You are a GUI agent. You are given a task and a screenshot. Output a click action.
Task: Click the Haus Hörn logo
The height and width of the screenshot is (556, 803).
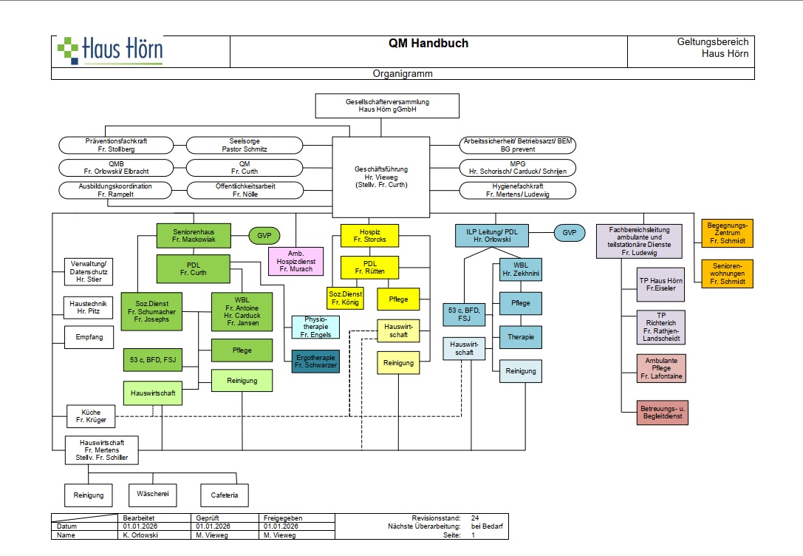click(110, 50)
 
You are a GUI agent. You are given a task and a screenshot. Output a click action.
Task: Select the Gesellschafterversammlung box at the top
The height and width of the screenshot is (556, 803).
click(387, 106)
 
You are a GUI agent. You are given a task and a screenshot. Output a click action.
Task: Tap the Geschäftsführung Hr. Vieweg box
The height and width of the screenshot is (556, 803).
click(381, 177)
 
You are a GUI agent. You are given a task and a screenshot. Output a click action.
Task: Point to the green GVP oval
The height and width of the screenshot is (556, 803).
click(264, 235)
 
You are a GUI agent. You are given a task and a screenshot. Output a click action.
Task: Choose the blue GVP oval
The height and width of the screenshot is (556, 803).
click(569, 234)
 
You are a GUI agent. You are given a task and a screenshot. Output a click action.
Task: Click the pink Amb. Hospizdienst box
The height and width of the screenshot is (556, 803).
click(295, 260)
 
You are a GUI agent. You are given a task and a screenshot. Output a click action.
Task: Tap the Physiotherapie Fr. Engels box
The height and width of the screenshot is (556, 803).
click(315, 327)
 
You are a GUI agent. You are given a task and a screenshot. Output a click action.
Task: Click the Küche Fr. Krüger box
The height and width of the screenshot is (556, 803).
click(91, 416)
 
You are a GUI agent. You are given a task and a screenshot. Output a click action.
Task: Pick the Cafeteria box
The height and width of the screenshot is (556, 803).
click(225, 495)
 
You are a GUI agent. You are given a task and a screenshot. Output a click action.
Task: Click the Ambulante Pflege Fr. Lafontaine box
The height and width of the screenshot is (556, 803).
click(661, 368)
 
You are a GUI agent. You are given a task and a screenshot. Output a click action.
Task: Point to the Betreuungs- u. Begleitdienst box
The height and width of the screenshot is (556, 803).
click(661, 411)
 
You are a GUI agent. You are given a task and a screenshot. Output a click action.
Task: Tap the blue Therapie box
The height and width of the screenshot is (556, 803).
click(521, 337)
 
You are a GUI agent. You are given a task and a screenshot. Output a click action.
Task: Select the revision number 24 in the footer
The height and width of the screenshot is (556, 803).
click(476, 518)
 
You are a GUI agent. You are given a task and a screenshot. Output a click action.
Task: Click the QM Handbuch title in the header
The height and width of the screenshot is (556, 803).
click(428, 44)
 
